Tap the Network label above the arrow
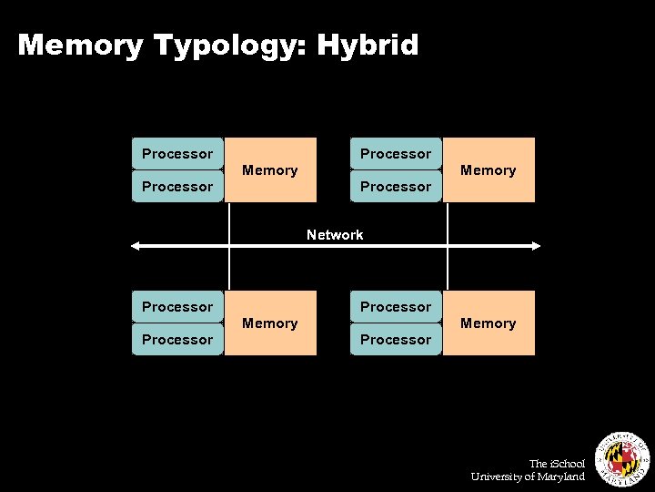335,235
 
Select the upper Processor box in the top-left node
177,153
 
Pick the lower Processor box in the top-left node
177,186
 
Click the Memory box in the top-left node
270,170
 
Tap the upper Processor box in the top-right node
396,153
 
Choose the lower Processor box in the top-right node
396,186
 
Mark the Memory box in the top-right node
489,170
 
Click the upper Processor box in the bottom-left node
177,306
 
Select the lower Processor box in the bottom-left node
177,339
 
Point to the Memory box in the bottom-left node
270,323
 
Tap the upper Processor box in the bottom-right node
396,306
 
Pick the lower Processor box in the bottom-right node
396,339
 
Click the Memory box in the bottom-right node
489,323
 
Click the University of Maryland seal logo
621,455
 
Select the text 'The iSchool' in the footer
557,464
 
